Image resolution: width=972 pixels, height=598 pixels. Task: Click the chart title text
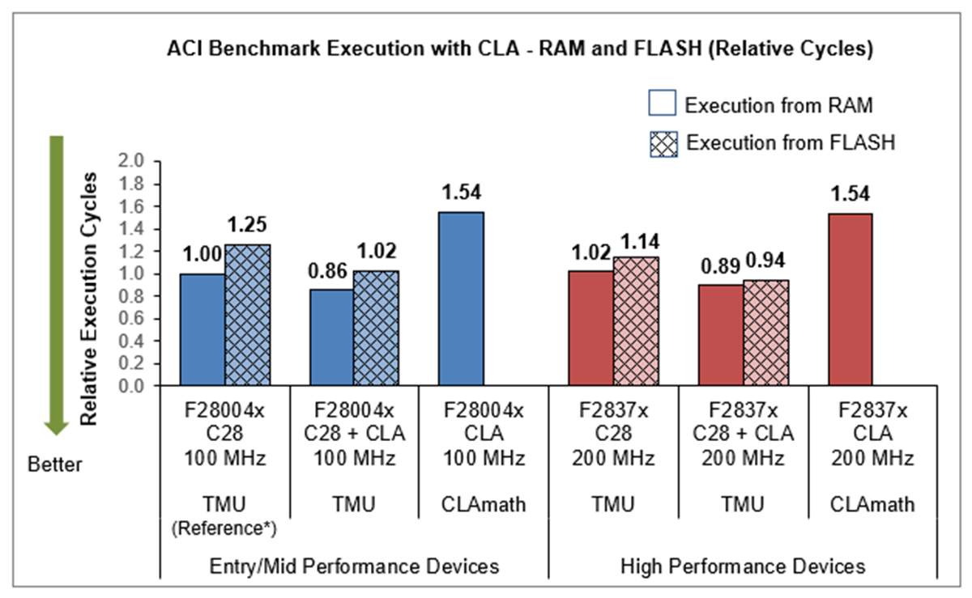[519, 49]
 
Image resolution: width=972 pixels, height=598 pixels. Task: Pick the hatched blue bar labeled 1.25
[247, 315]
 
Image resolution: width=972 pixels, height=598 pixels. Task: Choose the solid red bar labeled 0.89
[720, 335]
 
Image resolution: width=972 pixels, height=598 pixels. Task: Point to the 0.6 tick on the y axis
[131, 318]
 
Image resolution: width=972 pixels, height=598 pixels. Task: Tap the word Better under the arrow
[55, 465]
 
